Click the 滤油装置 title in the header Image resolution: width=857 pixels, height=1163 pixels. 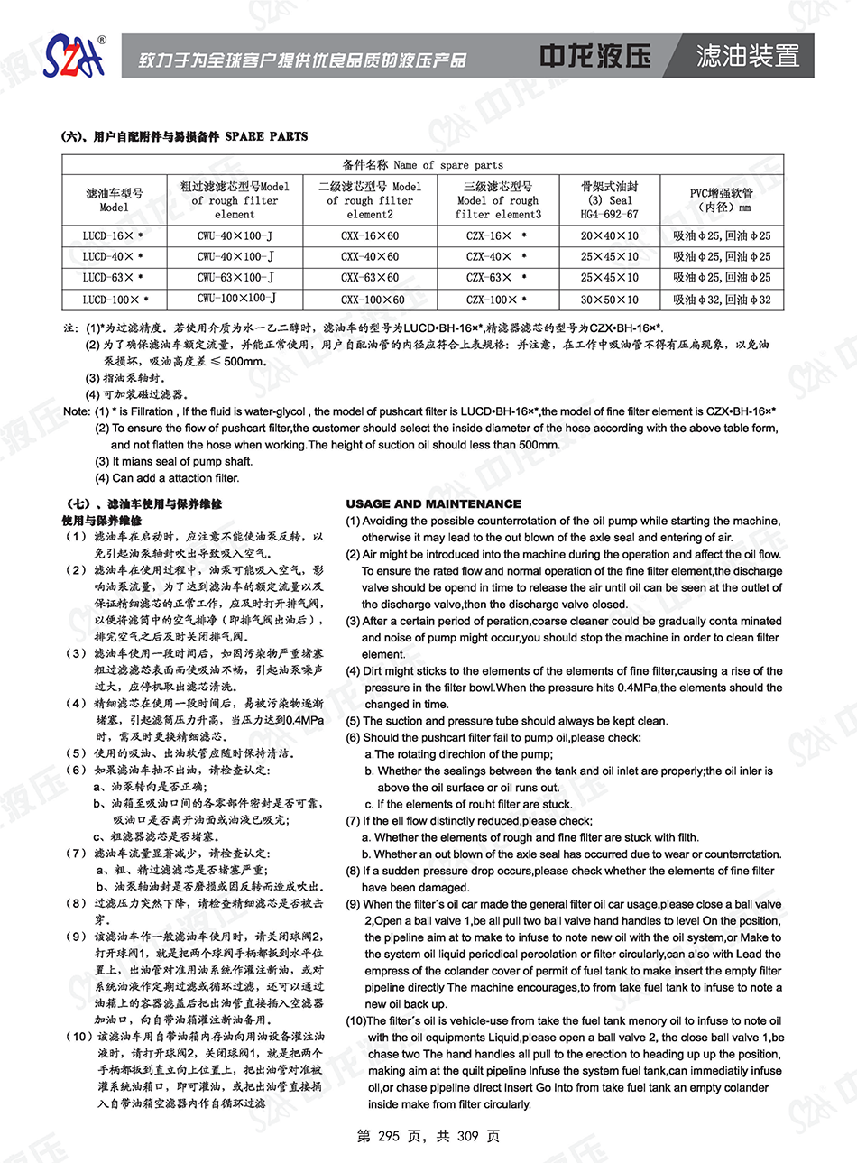tap(748, 56)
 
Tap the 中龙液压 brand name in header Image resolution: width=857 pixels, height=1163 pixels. tap(595, 56)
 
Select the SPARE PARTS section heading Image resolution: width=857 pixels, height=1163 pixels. tap(184, 136)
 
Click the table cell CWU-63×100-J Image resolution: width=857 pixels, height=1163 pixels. tap(235, 278)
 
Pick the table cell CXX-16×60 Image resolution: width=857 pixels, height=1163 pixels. tap(370, 235)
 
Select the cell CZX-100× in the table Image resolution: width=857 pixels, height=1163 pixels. tap(497, 300)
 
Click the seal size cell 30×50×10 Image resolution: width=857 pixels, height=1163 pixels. tap(609, 300)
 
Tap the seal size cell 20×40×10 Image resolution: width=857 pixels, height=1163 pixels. tap(609, 235)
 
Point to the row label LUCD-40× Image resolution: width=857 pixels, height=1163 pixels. tap(113, 257)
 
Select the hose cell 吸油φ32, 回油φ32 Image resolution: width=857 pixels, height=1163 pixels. tap(722, 300)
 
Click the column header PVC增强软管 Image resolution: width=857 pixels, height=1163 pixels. tap(720, 199)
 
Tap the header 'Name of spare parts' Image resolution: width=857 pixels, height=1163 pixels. tap(423, 165)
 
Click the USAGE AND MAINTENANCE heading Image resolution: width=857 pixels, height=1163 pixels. tap(433, 504)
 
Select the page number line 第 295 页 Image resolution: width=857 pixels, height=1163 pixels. tap(428, 1136)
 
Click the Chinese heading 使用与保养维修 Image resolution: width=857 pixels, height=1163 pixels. tap(102, 521)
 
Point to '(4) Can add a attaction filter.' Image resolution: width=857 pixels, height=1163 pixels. tap(167, 478)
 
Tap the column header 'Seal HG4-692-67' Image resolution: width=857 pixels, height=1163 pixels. tap(609, 200)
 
